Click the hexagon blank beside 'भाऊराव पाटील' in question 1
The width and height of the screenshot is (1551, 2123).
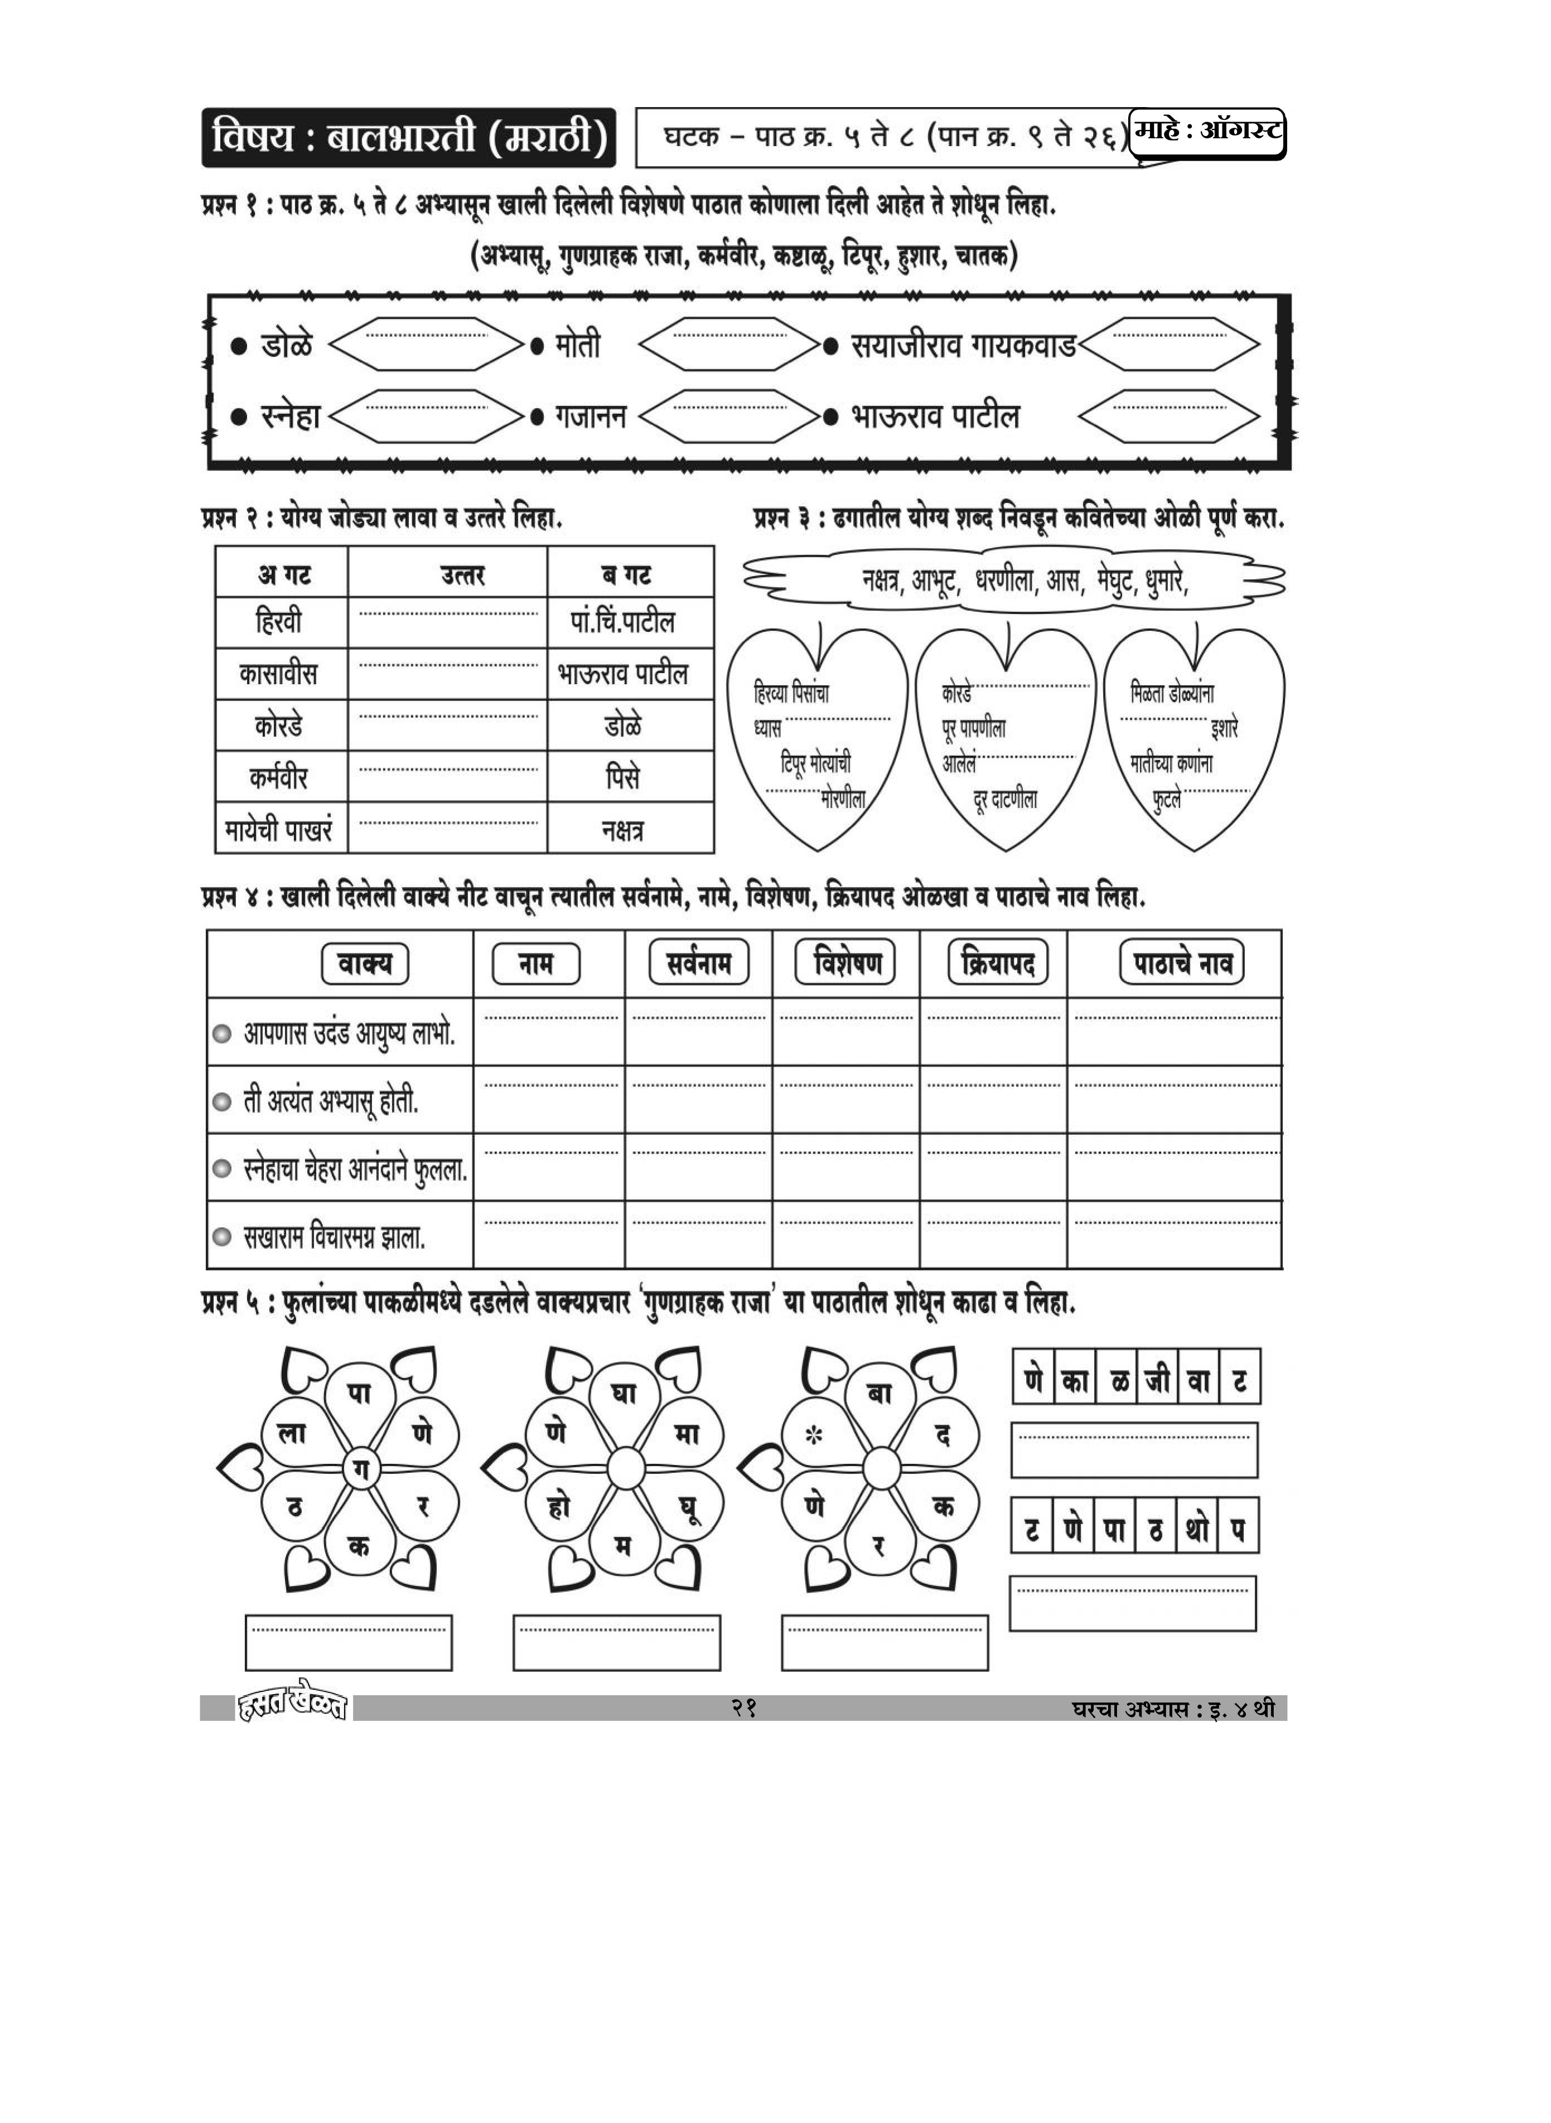point(1169,416)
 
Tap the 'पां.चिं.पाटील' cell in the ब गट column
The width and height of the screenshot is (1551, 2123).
point(622,622)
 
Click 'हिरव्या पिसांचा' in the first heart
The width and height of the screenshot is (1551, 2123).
point(791,694)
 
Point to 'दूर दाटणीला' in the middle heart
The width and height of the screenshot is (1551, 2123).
point(1006,800)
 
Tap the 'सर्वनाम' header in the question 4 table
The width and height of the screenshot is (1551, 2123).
point(698,963)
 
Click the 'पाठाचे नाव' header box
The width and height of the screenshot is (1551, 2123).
point(1181,963)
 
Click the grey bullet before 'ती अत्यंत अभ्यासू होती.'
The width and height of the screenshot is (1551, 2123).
point(221,1102)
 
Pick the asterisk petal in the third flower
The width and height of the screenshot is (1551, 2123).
point(815,1435)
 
